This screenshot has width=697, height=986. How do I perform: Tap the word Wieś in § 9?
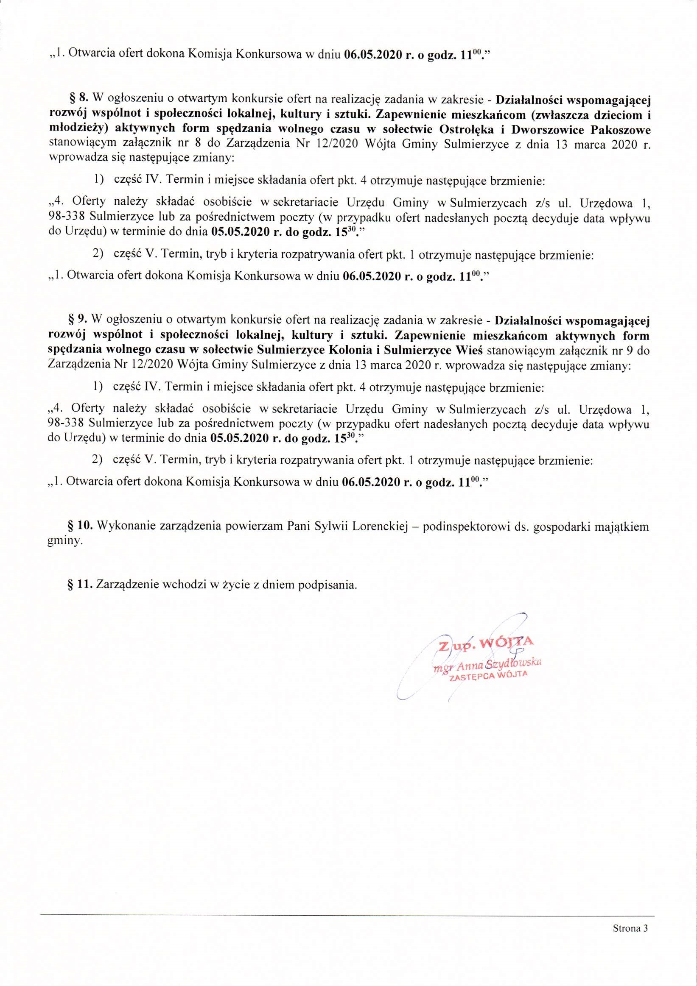[471, 350]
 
